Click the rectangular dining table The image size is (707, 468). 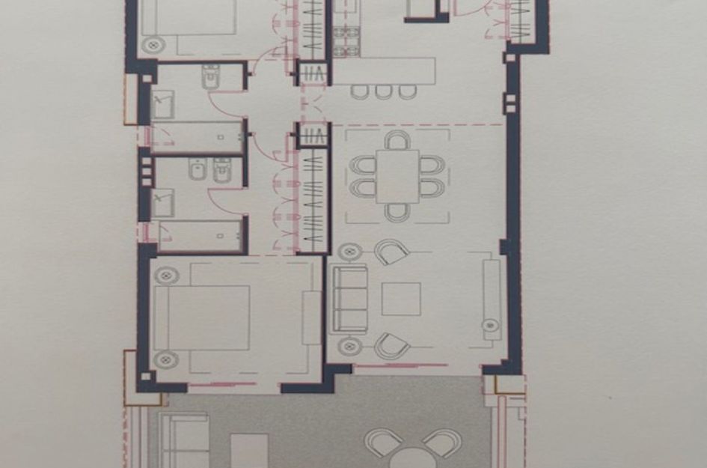(397, 176)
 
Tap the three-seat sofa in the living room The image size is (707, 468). (349, 299)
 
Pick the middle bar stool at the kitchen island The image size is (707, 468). (384, 91)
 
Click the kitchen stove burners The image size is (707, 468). (346, 41)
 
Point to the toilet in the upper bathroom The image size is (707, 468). (210, 76)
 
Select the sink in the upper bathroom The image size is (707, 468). (163, 106)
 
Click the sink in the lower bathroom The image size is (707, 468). (163, 201)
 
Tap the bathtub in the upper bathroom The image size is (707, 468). (198, 136)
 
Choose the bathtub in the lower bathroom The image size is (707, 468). (201, 235)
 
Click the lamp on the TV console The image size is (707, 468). (491, 326)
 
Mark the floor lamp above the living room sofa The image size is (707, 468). (346, 252)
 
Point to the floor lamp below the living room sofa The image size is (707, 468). (346, 347)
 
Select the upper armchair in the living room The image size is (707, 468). (391, 252)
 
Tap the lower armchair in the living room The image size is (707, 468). (391, 345)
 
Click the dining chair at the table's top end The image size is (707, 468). (398, 140)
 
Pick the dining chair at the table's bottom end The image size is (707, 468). (397, 212)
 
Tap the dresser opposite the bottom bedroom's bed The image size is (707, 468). (311, 317)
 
